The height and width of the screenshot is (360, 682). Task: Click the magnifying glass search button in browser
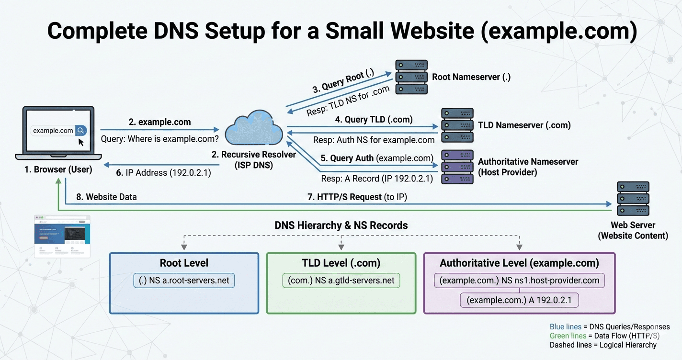[81, 130]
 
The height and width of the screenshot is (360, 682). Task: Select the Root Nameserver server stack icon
[411, 77]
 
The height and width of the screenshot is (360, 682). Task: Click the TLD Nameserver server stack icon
[457, 125]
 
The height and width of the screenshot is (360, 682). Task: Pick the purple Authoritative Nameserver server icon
[457, 167]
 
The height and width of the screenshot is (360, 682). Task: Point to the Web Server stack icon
[632, 199]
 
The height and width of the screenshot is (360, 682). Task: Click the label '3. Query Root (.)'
[343, 80]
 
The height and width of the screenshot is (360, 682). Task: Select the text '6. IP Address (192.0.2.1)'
[164, 173]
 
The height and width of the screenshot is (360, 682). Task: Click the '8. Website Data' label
[106, 197]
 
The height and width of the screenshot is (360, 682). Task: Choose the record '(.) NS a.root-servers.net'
[184, 281]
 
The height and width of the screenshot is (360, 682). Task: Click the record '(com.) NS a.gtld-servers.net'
[341, 281]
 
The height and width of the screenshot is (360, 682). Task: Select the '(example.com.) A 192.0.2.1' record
[519, 301]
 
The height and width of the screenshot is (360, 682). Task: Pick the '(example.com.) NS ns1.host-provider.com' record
[519, 281]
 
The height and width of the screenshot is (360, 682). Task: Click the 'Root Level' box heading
[184, 263]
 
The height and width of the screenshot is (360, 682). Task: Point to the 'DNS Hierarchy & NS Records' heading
[341, 225]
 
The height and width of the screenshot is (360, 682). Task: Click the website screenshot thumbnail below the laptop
[62, 237]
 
